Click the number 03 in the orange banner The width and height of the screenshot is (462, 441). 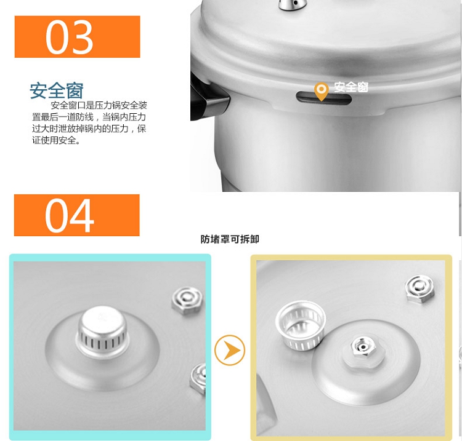70,37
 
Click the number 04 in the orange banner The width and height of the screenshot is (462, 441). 70,215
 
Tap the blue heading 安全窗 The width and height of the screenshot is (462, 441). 57,90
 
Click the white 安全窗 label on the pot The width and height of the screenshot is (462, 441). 351,87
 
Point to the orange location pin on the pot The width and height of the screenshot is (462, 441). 321,91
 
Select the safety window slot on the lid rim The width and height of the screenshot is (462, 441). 324,98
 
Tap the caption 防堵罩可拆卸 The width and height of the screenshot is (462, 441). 230,239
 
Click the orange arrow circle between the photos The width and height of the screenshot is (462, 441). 230,350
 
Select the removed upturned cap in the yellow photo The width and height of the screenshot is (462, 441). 301,325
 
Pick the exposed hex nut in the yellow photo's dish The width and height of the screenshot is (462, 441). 363,347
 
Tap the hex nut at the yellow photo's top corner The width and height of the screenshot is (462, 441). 420,288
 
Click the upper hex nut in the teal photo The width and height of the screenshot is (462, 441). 187,301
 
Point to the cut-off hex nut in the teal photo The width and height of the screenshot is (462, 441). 198,379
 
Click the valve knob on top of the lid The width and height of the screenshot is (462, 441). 293,5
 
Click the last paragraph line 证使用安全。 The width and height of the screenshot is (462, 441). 56,140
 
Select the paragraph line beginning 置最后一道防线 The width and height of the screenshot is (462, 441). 89,117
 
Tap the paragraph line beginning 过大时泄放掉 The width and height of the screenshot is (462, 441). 89,129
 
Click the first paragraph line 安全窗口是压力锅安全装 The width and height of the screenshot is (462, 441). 99,105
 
